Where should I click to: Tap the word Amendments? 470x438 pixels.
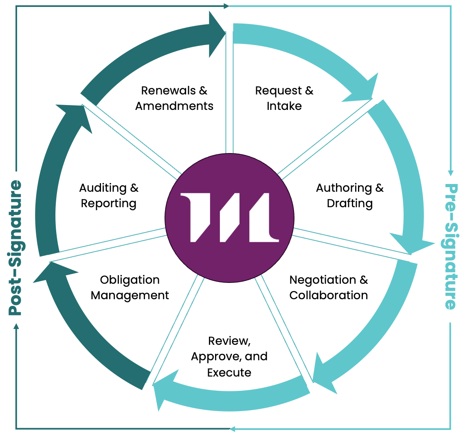coord(174,106)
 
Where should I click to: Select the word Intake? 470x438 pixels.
coord(284,106)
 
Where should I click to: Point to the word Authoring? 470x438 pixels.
coord(344,188)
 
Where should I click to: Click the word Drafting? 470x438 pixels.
coord(350,203)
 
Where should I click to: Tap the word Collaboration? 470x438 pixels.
coord(329,295)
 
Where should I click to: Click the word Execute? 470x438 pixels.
coord(229,372)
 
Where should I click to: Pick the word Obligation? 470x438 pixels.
coord(130,280)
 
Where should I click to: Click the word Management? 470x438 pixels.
coord(130,295)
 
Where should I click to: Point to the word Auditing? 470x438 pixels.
coord(103,188)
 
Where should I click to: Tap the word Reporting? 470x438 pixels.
coord(109,203)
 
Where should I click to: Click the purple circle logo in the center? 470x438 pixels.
coord(229,218)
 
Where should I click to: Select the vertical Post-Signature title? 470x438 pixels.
coord(15,247)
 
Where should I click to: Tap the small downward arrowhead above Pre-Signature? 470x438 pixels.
coord(451,173)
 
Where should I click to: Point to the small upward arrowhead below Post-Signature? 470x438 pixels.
coord(16,326)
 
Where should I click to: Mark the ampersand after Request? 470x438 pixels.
coord(309,90)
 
